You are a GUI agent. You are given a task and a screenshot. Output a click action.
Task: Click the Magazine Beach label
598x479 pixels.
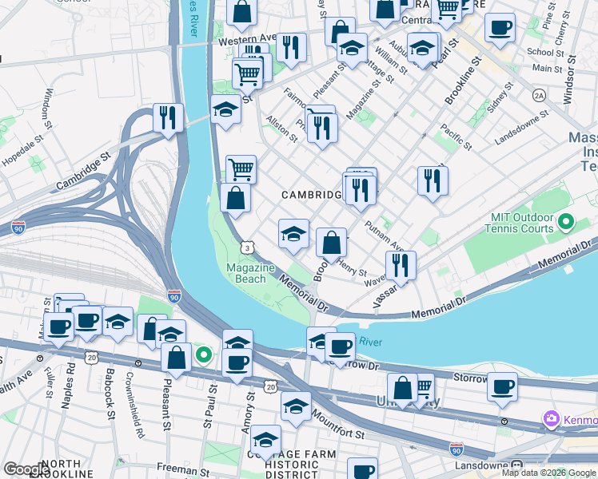[x=250, y=273]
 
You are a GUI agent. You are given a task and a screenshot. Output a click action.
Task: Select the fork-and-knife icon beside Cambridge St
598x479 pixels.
[x=168, y=118]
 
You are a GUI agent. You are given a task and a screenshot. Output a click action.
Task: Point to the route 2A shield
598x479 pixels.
[x=539, y=95]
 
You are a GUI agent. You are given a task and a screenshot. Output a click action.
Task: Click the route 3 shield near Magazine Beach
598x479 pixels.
[x=250, y=249]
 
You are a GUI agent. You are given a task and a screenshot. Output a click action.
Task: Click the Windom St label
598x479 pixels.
[x=49, y=103]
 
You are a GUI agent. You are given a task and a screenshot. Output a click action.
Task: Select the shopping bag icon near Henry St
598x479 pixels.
[x=331, y=243]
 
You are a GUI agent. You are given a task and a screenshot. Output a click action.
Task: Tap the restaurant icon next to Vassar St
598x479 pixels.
[x=401, y=266]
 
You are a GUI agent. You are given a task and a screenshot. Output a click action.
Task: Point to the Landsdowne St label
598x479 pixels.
[x=521, y=126]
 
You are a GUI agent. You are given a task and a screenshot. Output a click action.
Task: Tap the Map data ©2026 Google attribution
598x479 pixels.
[x=548, y=473]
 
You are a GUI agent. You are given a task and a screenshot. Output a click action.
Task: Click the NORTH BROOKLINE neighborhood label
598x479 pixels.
[x=61, y=469]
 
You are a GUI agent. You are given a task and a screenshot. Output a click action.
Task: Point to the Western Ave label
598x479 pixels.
[x=246, y=39]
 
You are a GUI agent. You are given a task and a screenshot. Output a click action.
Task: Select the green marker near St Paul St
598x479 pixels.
[x=204, y=354]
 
